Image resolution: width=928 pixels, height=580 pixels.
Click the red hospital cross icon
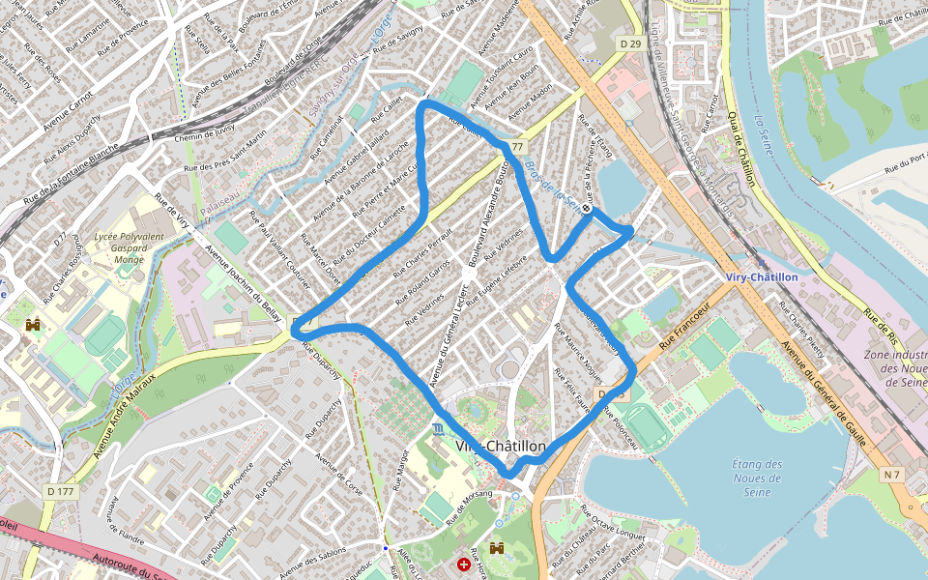(466, 564)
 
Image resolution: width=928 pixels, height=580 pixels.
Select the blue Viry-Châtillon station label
(762, 276)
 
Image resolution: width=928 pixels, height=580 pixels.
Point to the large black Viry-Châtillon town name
(501, 446)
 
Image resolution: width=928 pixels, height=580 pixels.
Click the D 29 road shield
(631, 43)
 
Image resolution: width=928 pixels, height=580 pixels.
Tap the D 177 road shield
(60, 491)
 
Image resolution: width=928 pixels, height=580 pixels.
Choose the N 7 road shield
(890, 474)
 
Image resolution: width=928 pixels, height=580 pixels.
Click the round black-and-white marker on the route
(587, 208)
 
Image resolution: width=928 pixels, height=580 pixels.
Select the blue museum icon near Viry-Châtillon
(439, 428)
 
